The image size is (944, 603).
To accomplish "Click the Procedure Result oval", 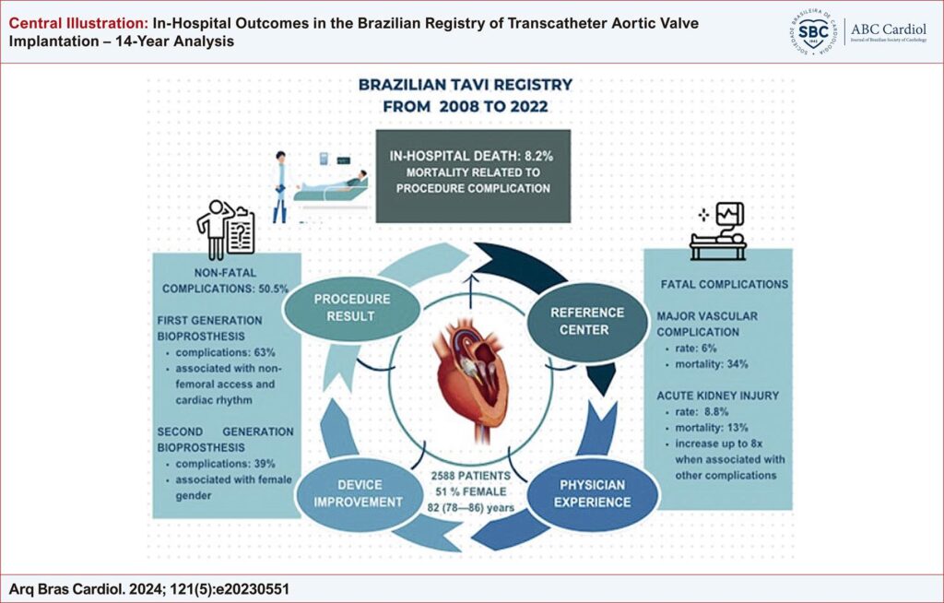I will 352,309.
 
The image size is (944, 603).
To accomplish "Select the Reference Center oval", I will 587,320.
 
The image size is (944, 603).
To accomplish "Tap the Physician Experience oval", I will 594,492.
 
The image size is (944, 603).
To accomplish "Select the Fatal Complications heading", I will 725,284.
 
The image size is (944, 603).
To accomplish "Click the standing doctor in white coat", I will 280,187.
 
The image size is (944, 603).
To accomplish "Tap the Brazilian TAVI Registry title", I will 466,95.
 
